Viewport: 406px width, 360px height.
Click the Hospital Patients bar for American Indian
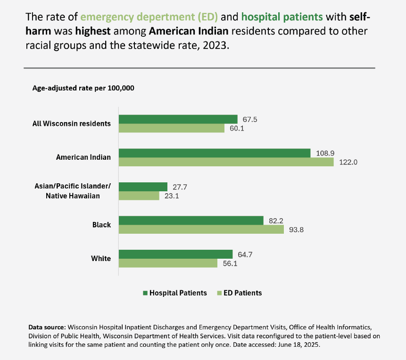pyautogui.click(x=215, y=153)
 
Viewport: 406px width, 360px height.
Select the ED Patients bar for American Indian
pyautogui.click(x=226, y=162)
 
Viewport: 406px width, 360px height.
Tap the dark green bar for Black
pyautogui.click(x=191, y=221)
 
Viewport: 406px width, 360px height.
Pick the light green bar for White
pyautogui.click(x=168, y=263)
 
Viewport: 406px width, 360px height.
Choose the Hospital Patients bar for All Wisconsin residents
pyautogui.click(x=178, y=119)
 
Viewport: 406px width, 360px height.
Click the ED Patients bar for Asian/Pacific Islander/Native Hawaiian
pyautogui.click(x=139, y=196)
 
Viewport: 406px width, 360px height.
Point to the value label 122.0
pyautogui.click(x=348, y=162)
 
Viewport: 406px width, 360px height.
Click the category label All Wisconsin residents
pyautogui.click(x=72, y=123)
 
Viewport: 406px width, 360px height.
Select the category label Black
pyautogui.click(x=102, y=225)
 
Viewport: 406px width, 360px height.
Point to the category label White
pyautogui.click(x=101, y=258)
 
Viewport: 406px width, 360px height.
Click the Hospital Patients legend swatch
pyautogui.click(x=145, y=293)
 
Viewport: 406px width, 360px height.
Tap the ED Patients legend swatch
pyautogui.click(x=219, y=293)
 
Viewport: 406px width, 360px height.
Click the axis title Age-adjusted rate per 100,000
pyautogui.click(x=83, y=88)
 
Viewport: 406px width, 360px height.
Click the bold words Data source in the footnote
pyautogui.click(x=47, y=327)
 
